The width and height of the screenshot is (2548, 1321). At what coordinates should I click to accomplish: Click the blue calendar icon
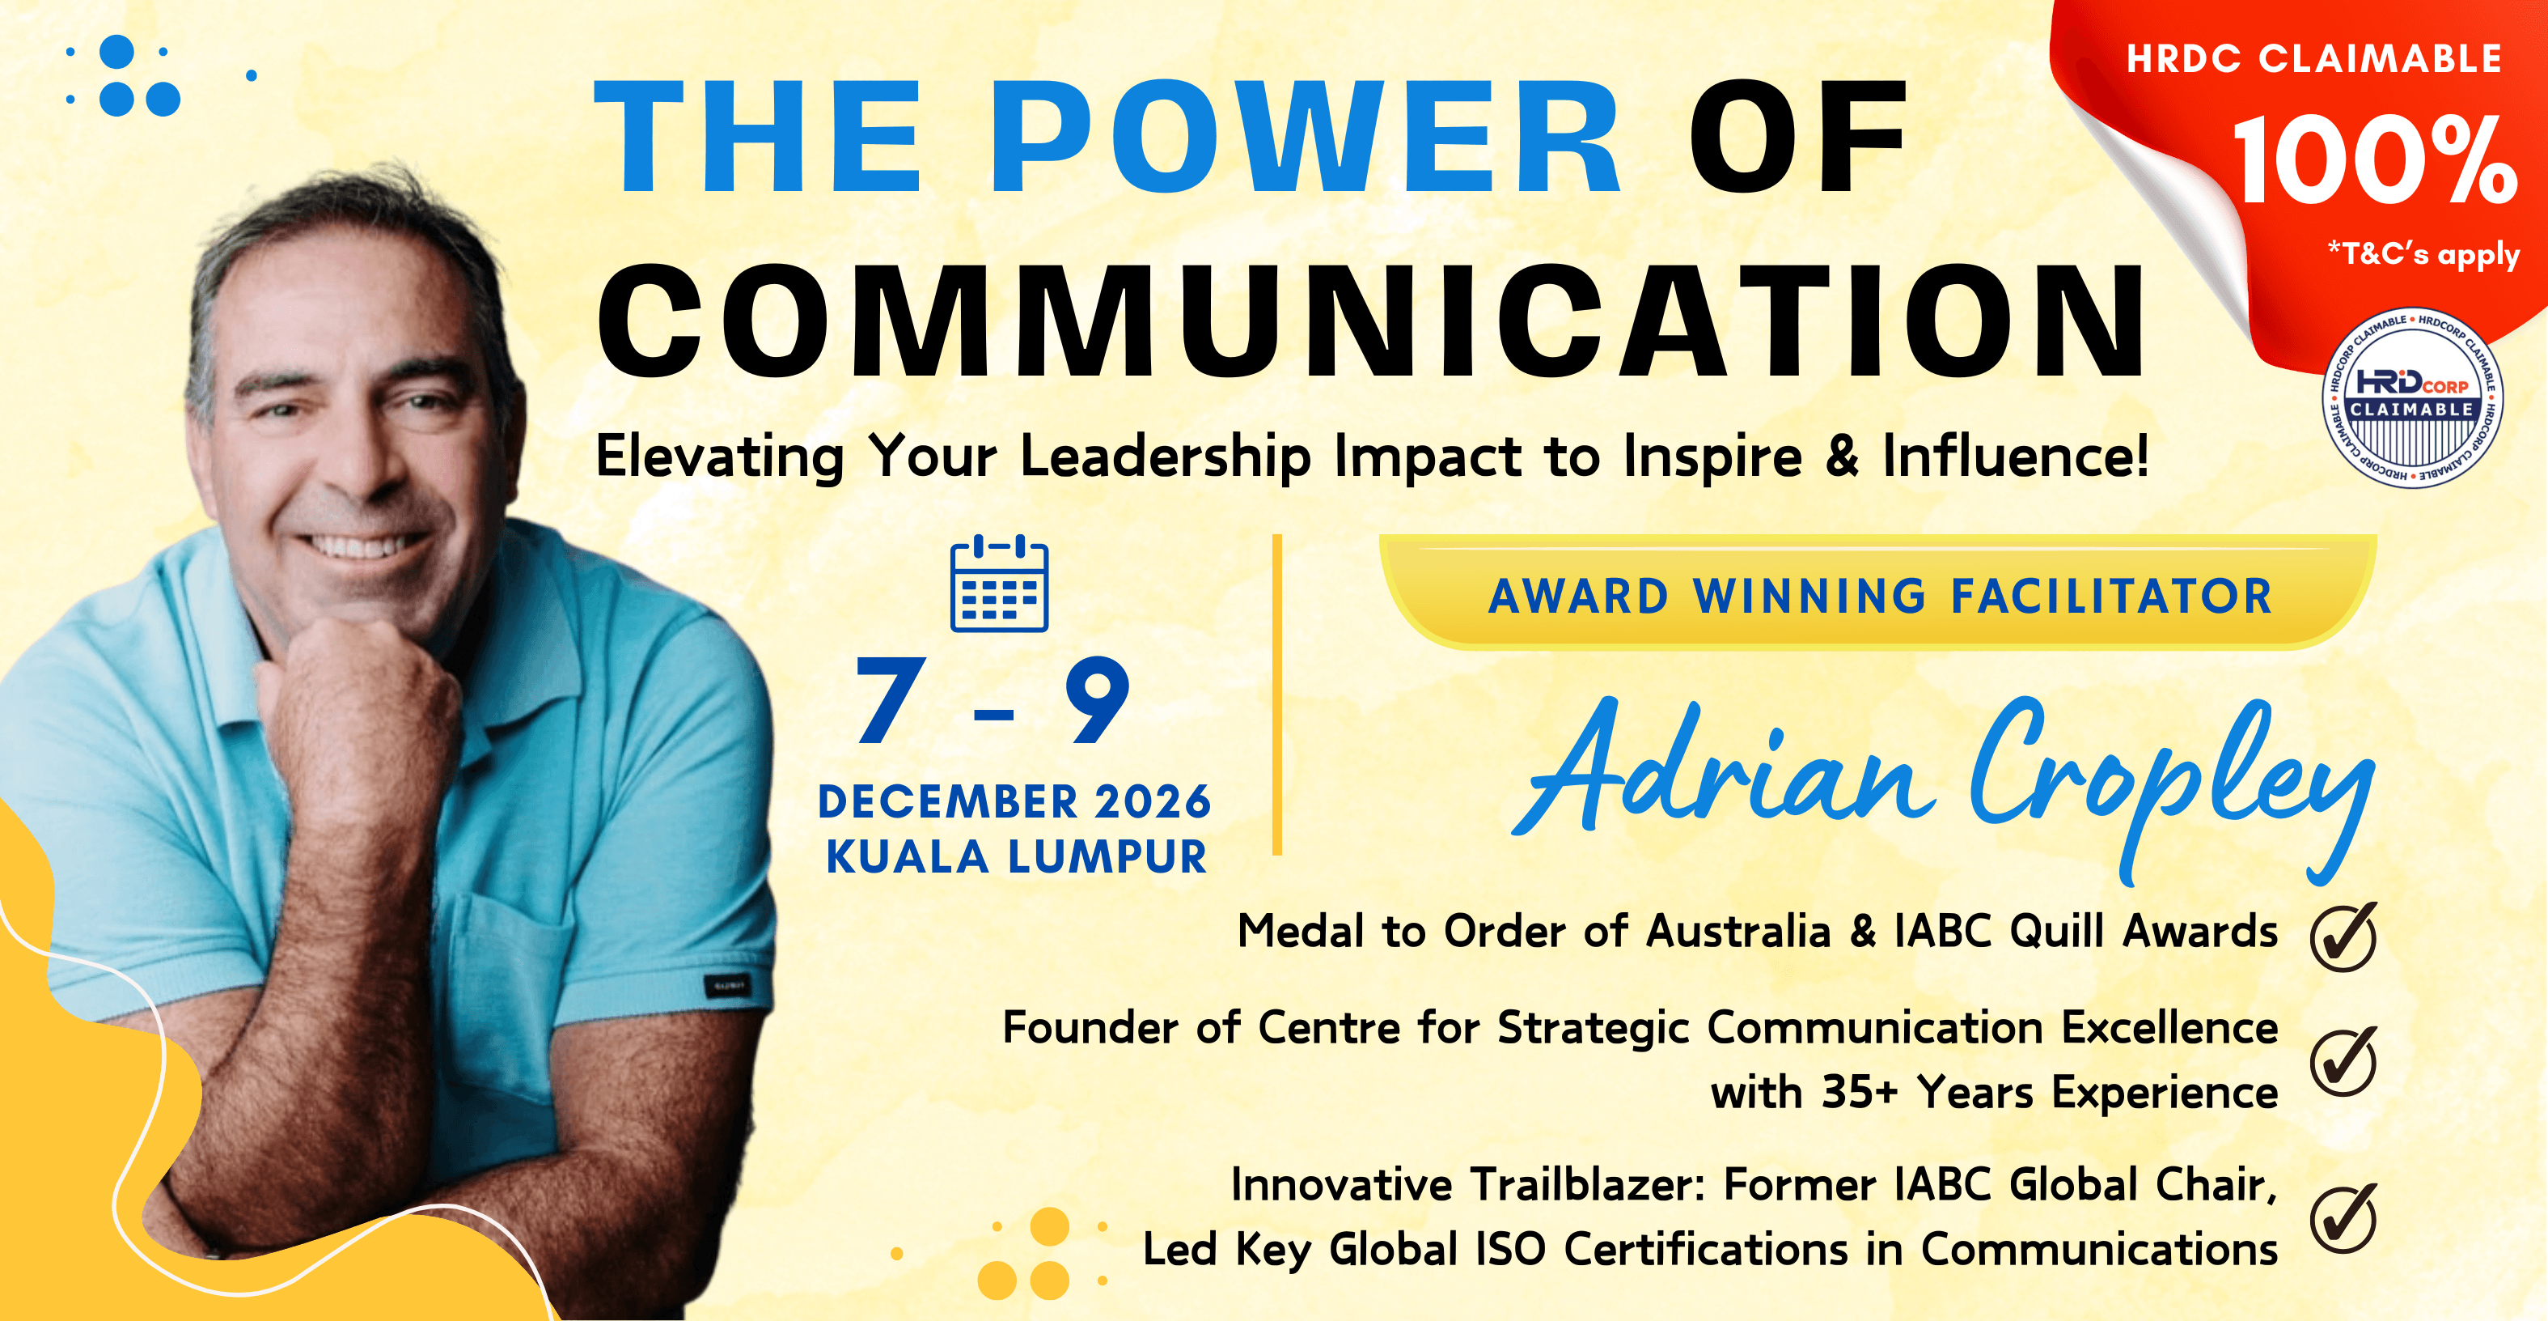(999, 583)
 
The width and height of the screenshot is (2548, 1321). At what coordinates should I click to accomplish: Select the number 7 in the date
(891, 699)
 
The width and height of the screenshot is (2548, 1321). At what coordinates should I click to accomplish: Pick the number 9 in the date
(1097, 699)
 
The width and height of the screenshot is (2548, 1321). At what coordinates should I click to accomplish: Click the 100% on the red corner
(2374, 159)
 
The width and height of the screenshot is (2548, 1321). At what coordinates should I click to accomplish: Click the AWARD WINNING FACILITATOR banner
(1878, 593)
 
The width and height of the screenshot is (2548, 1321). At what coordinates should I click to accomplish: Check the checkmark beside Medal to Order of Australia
(2344, 936)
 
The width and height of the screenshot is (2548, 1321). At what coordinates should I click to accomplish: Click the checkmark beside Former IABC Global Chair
(2344, 1218)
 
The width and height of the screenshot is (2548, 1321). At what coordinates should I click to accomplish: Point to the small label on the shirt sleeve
(727, 986)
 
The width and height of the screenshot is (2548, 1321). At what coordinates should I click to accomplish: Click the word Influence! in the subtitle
(2015, 457)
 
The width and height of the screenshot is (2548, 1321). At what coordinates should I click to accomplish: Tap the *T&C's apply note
(2423, 254)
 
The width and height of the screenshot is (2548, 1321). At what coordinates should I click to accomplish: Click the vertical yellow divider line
(1277, 694)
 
